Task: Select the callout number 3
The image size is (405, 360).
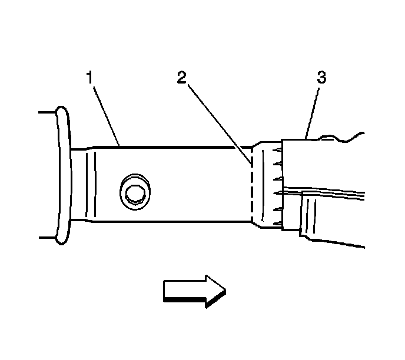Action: click(322, 77)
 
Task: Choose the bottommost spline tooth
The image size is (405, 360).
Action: click(277, 221)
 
